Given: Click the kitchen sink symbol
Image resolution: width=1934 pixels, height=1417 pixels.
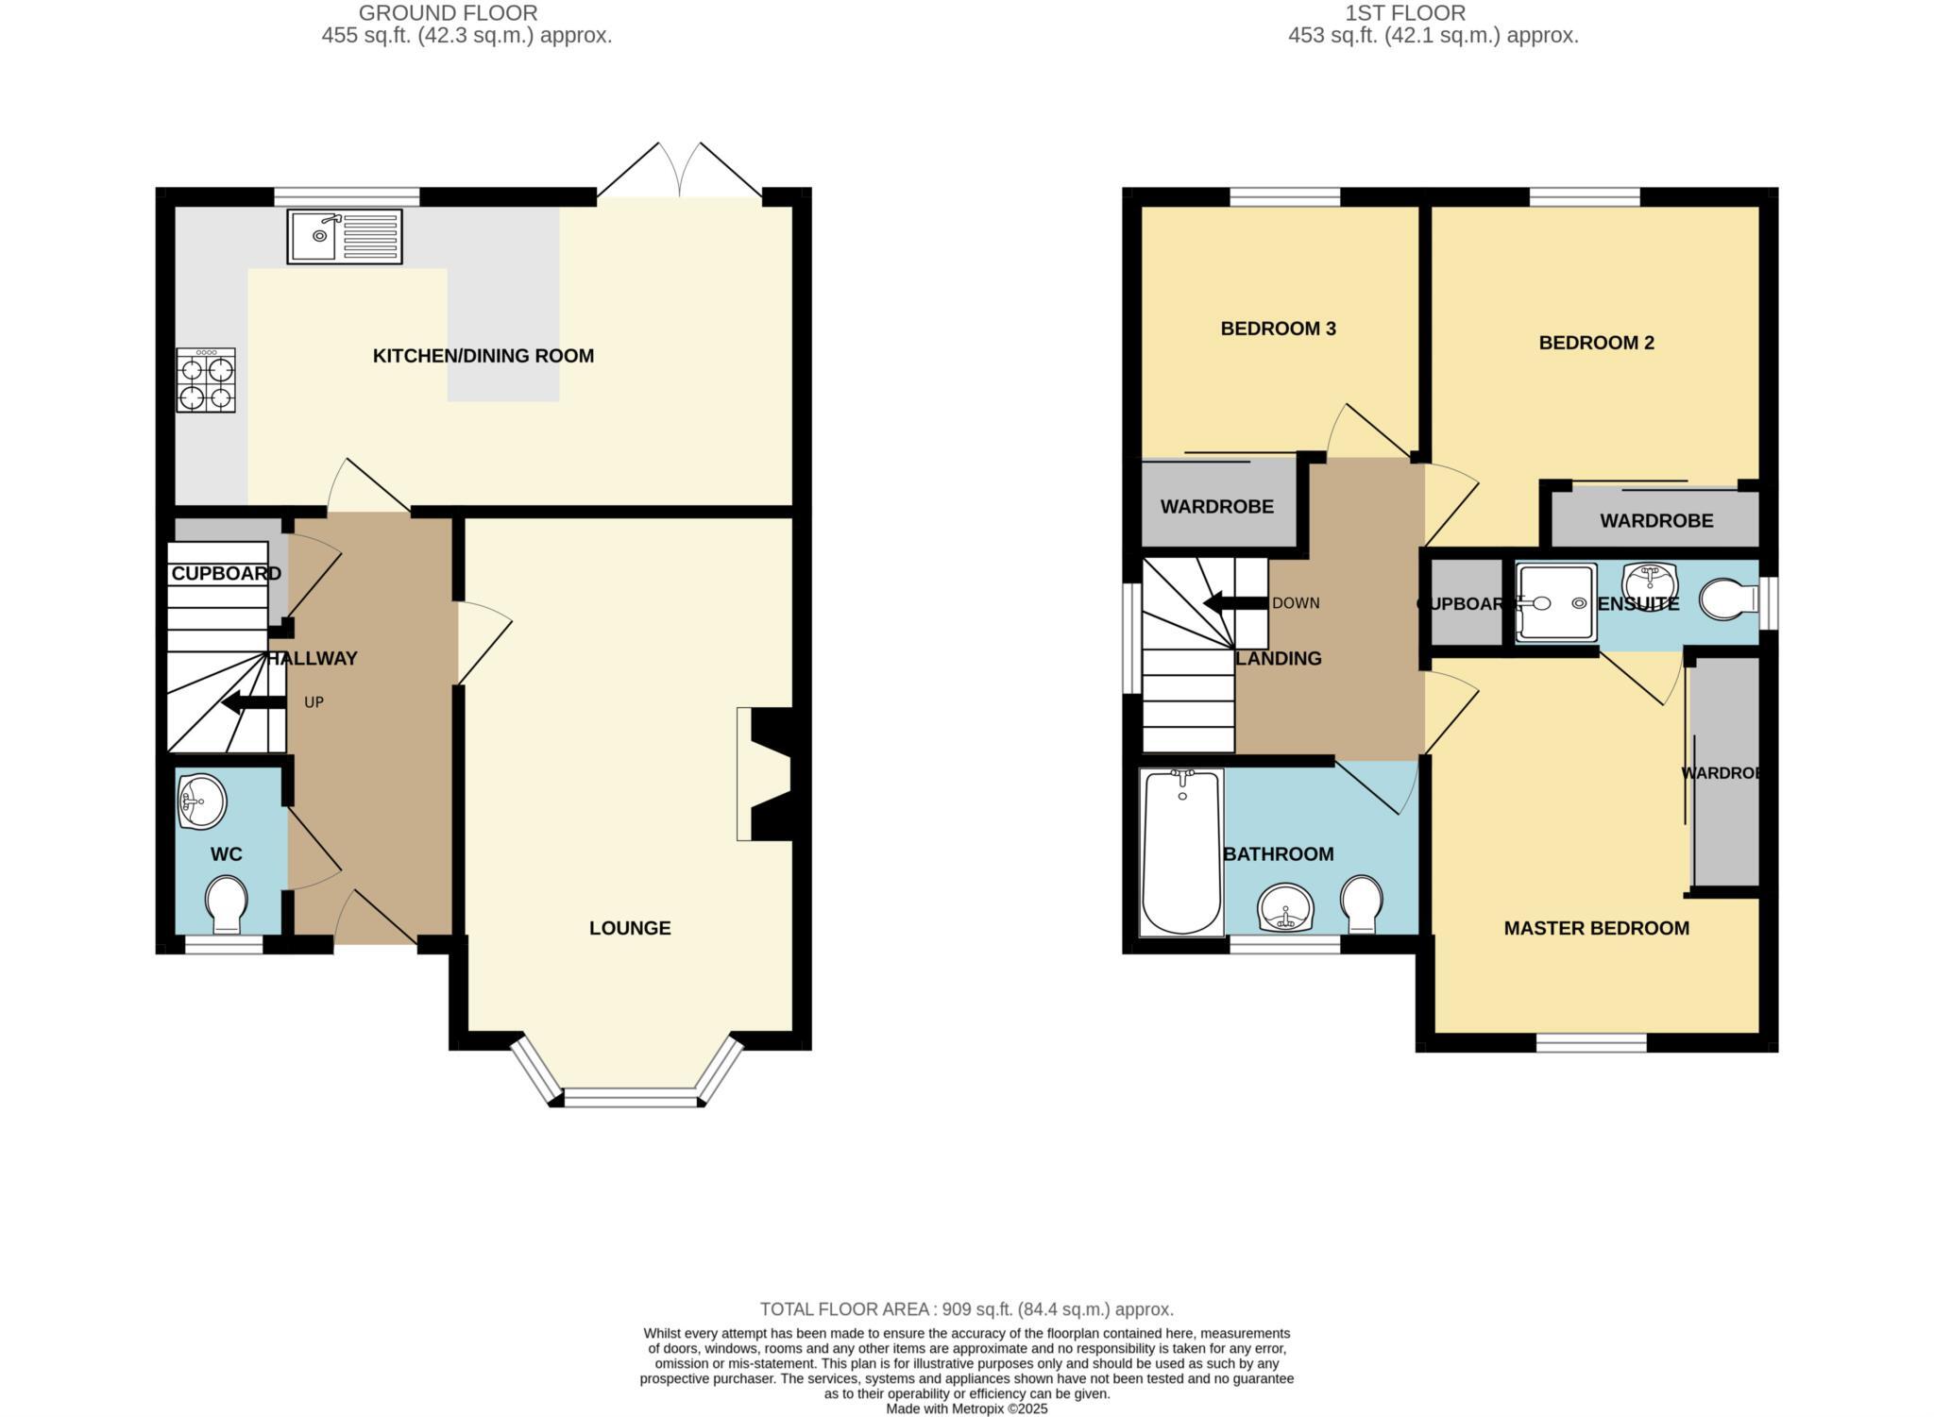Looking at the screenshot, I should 345,236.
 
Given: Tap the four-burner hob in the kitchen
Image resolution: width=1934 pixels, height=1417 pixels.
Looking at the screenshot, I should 206,380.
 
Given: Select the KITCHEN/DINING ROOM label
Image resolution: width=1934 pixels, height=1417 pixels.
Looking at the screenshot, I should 483,356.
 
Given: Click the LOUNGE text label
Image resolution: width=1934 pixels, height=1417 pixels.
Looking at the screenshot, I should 630,928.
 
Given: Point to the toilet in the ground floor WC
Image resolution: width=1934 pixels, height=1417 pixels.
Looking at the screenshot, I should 226,903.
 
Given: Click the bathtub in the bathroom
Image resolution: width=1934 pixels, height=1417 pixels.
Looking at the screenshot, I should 1181,852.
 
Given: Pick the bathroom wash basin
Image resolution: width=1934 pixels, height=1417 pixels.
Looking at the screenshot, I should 1285,908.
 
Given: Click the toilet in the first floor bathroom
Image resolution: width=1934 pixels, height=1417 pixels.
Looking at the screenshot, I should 1362,902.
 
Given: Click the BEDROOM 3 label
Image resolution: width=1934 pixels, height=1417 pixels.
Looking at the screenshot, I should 1278,329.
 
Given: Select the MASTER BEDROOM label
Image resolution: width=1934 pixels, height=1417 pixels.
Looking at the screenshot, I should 1596,928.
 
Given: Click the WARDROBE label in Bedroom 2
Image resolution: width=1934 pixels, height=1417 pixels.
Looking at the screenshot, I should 1656,520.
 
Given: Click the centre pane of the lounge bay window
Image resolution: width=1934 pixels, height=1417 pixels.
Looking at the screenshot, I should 631,1097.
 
